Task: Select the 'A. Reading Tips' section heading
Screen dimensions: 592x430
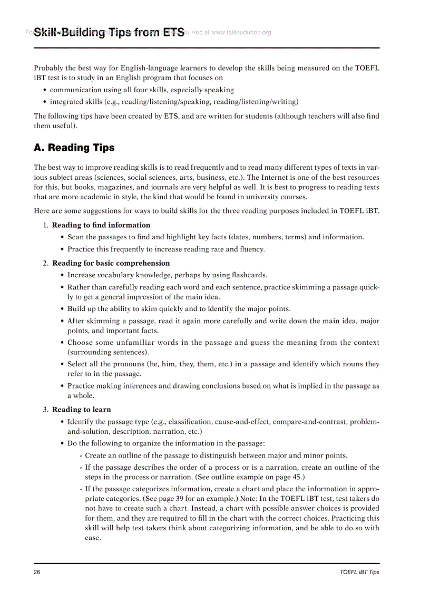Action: (74, 148)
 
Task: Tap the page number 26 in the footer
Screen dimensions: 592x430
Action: (37, 572)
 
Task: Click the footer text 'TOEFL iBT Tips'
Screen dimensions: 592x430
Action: (359, 572)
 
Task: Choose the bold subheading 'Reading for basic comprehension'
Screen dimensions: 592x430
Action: (111, 263)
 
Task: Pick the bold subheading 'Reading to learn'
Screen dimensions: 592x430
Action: (81, 409)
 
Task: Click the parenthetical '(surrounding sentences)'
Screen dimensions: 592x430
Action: (108, 352)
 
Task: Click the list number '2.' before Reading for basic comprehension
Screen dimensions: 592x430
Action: (46, 263)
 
